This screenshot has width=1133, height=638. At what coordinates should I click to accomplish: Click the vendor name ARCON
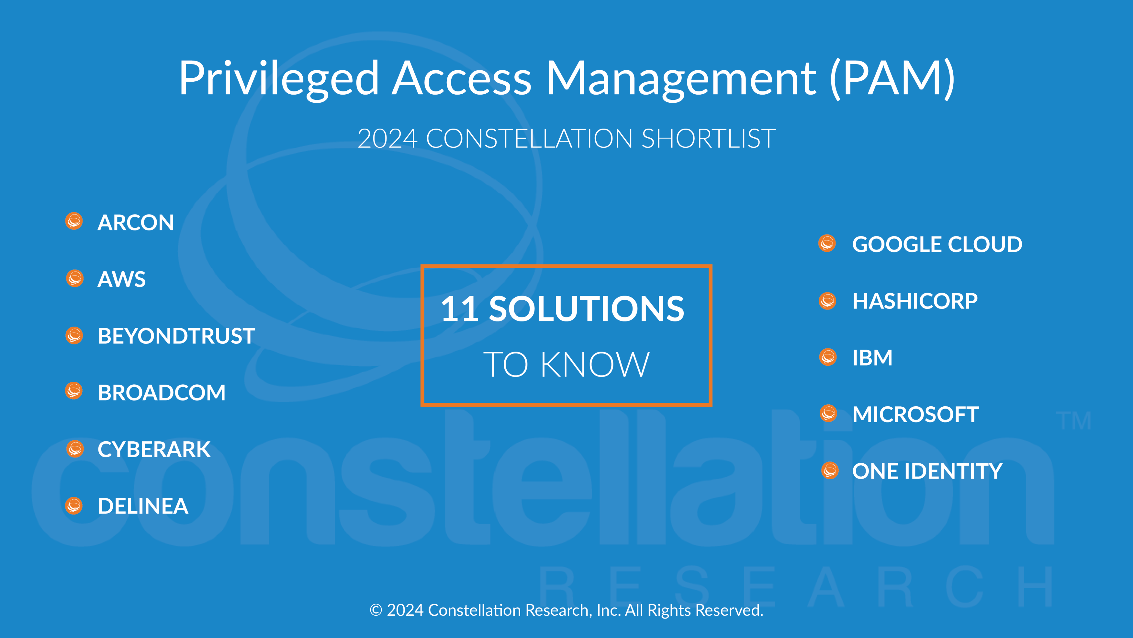coord(135,222)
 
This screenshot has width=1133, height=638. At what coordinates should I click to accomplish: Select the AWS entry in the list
coord(121,279)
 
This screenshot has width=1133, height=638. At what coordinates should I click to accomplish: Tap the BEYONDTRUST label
coord(176,336)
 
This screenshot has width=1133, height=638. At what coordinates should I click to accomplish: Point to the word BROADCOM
coord(162,393)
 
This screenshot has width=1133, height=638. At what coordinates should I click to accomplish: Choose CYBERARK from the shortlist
coord(154,449)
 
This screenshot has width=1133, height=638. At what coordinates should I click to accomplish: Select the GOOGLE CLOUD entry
coord(937,244)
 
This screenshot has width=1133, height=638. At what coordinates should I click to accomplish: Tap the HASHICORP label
coord(915,301)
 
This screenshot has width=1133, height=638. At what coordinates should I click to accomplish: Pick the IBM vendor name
coord(872,358)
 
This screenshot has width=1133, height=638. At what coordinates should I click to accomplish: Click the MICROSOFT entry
coord(915,415)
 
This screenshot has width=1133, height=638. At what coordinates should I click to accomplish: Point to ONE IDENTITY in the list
coord(927,471)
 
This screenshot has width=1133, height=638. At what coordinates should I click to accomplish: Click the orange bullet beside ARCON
coord(74,221)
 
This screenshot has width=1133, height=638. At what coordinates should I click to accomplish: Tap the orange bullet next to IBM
coord(828,357)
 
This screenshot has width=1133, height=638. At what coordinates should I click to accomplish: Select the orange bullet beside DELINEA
coord(74,505)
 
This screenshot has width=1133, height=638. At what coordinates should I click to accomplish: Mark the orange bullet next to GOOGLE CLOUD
coord(827,243)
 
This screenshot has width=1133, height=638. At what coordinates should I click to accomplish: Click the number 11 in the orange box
coord(460,309)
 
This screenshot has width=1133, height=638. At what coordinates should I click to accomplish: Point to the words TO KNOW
coord(566,365)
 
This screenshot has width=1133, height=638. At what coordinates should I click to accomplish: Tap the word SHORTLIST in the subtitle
coord(709,139)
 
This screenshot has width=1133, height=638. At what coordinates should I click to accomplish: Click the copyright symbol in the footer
coord(376,610)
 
